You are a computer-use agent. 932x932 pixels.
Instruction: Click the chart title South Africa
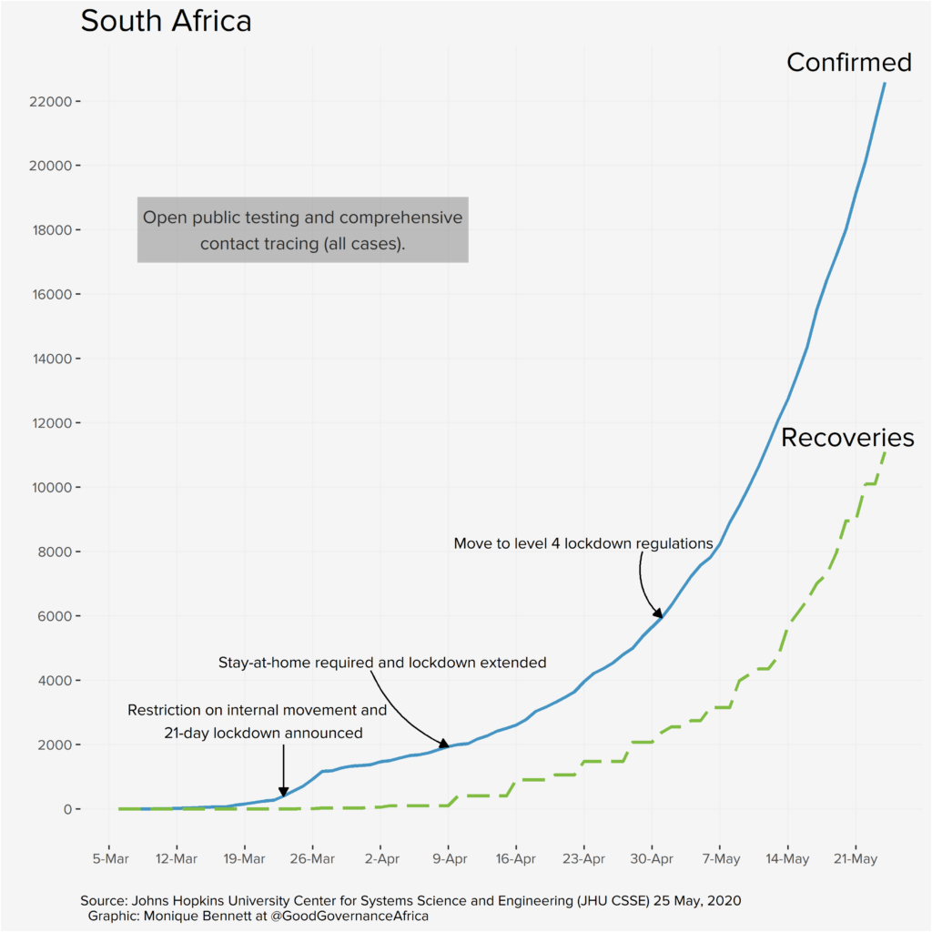coord(166,22)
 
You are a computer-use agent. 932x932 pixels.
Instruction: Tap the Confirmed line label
coord(848,62)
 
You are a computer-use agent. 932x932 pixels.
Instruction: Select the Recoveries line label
coord(847,438)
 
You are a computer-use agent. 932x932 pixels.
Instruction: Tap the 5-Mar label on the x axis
coord(109,858)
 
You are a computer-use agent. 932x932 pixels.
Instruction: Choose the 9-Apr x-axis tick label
coord(448,858)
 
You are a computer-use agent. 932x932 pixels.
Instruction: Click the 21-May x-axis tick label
coord(855,858)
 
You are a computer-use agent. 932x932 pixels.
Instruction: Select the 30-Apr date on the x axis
coord(651,858)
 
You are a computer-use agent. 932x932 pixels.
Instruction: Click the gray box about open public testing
coord(302,230)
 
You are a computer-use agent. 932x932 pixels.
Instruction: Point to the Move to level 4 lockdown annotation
coord(582,543)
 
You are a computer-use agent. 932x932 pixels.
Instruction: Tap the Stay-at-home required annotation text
coord(382,663)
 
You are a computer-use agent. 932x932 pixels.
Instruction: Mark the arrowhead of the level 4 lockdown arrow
coord(658,615)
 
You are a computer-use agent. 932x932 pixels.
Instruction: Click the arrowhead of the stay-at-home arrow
coord(445,745)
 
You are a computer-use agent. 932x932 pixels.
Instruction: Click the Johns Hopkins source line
coord(410,901)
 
